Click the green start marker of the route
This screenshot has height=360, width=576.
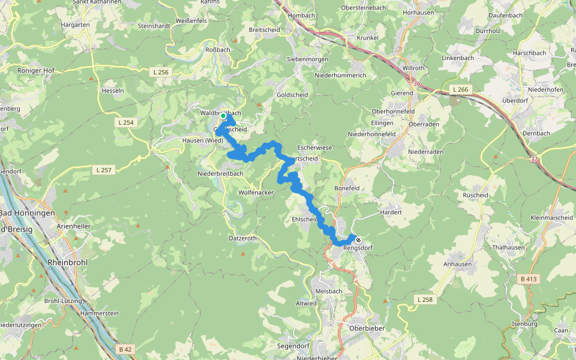click(x=223, y=116)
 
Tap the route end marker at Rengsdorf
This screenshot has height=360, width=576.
click(x=358, y=240)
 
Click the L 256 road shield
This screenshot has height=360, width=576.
click(x=160, y=72)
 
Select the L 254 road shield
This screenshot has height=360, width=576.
click(x=125, y=122)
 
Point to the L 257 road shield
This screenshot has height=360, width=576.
click(x=104, y=170)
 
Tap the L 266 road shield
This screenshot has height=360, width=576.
click(x=460, y=89)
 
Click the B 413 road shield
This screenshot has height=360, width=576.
click(x=529, y=279)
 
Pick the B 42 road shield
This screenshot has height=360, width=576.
click(x=125, y=349)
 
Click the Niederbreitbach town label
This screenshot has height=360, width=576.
click(x=220, y=173)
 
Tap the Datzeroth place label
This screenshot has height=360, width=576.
click(x=242, y=238)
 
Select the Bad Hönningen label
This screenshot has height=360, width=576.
click(x=27, y=213)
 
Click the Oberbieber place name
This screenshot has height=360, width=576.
click(x=367, y=328)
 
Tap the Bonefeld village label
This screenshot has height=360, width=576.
click(x=346, y=188)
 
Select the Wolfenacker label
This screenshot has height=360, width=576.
click(x=256, y=193)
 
